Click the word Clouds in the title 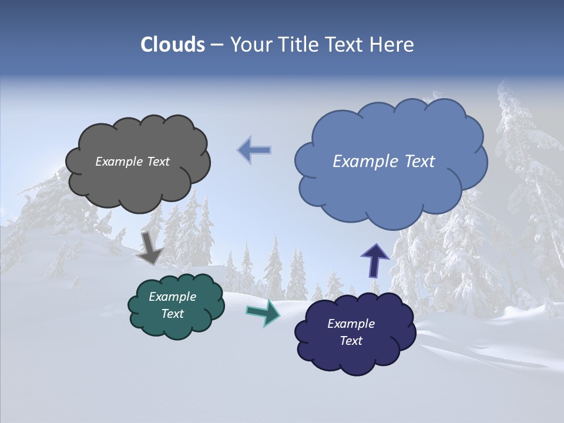point(173,45)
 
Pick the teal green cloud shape point(176,326)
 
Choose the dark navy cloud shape point(355,355)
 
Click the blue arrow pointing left point(254,150)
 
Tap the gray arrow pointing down point(150,247)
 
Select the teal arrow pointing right point(263,313)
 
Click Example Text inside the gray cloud point(132,162)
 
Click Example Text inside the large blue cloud point(384,162)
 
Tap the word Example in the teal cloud point(172,297)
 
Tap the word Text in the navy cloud point(351,341)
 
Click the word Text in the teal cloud point(173,314)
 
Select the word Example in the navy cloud point(351,324)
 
